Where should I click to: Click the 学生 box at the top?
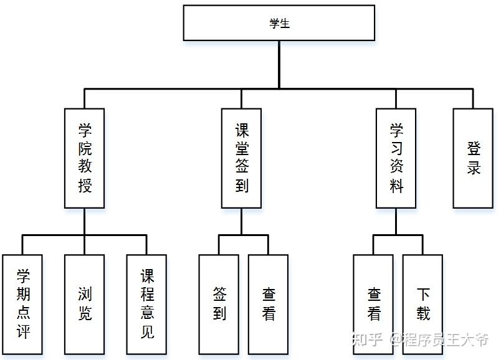(279, 23)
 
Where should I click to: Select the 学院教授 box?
(85, 158)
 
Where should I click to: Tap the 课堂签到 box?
(241, 158)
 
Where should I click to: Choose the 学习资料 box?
(396, 158)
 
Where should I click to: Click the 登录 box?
(473, 158)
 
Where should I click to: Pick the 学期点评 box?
(22, 304)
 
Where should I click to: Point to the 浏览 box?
(85, 304)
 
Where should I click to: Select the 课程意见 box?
(146, 304)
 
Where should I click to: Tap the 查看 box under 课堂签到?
(268, 304)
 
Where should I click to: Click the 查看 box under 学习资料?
(373, 304)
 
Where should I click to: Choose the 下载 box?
(422, 304)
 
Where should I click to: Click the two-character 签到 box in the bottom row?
(219, 304)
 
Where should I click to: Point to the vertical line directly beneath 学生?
(279, 64)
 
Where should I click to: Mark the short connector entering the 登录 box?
(473, 98)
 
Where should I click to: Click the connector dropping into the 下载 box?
(422, 245)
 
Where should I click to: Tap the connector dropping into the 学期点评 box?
(22, 245)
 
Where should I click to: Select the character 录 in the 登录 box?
(473, 168)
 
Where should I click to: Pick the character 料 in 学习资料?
(396, 186)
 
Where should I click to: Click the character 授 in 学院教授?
(85, 186)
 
